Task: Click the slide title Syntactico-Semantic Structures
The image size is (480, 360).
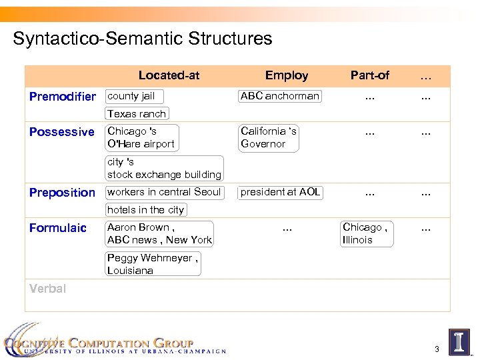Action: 143,39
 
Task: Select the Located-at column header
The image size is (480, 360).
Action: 169,75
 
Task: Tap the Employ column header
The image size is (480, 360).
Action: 287,75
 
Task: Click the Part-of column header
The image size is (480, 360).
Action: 370,75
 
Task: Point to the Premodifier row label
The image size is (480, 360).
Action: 63,97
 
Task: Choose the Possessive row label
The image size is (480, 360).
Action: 62,132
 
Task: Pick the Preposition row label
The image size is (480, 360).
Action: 63,193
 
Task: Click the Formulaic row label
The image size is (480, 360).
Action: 58,228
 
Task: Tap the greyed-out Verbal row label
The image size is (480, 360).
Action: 48,289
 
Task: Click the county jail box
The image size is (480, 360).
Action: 134,96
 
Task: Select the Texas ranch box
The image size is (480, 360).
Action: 137,114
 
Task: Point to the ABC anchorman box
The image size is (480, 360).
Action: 280,96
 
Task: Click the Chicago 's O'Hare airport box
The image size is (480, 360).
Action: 142,137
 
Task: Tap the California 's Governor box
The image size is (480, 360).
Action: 269,137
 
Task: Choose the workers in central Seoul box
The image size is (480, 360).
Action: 164,192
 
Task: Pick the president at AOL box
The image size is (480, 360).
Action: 281,192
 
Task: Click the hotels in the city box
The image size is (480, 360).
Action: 146,210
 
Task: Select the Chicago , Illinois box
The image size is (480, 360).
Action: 366,234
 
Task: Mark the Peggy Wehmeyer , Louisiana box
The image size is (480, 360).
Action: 153,265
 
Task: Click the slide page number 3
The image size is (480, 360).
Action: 437,349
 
